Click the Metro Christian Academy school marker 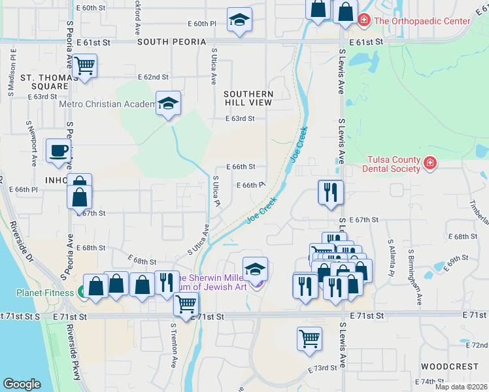168,104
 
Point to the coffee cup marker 58,150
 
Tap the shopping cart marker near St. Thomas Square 84,66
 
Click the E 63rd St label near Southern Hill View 239,119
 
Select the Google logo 22,384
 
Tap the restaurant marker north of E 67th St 330,192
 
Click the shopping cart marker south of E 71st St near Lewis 309,338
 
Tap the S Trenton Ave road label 175,345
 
